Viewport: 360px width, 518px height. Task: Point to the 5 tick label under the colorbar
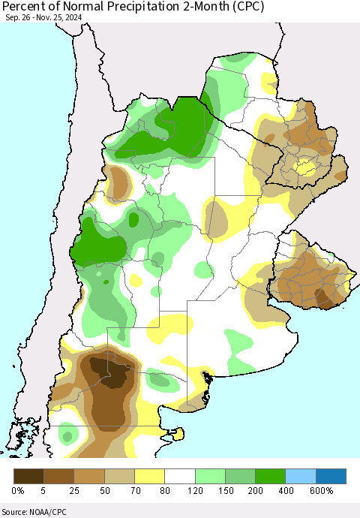pos(43,492)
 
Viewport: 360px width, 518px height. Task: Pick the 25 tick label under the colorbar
pos(73,492)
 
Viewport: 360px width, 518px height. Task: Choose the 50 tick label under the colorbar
pos(104,492)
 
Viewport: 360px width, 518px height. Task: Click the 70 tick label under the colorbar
pos(134,492)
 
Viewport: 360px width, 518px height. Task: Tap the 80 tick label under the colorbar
pos(164,492)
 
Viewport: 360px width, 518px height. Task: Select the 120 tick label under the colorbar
pos(195,492)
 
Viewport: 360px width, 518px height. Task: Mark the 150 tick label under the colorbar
pos(225,492)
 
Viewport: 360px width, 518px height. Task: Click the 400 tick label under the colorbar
pos(286,492)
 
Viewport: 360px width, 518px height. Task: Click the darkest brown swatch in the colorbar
pos(28,476)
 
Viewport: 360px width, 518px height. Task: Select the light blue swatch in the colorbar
pos(301,476)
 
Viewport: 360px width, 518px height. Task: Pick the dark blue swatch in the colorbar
pos(331,476)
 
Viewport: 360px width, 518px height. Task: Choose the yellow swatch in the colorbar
pos(149,476)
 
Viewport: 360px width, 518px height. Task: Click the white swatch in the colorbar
pos(180,476)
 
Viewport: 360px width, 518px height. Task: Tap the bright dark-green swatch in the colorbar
pos(271,476)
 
